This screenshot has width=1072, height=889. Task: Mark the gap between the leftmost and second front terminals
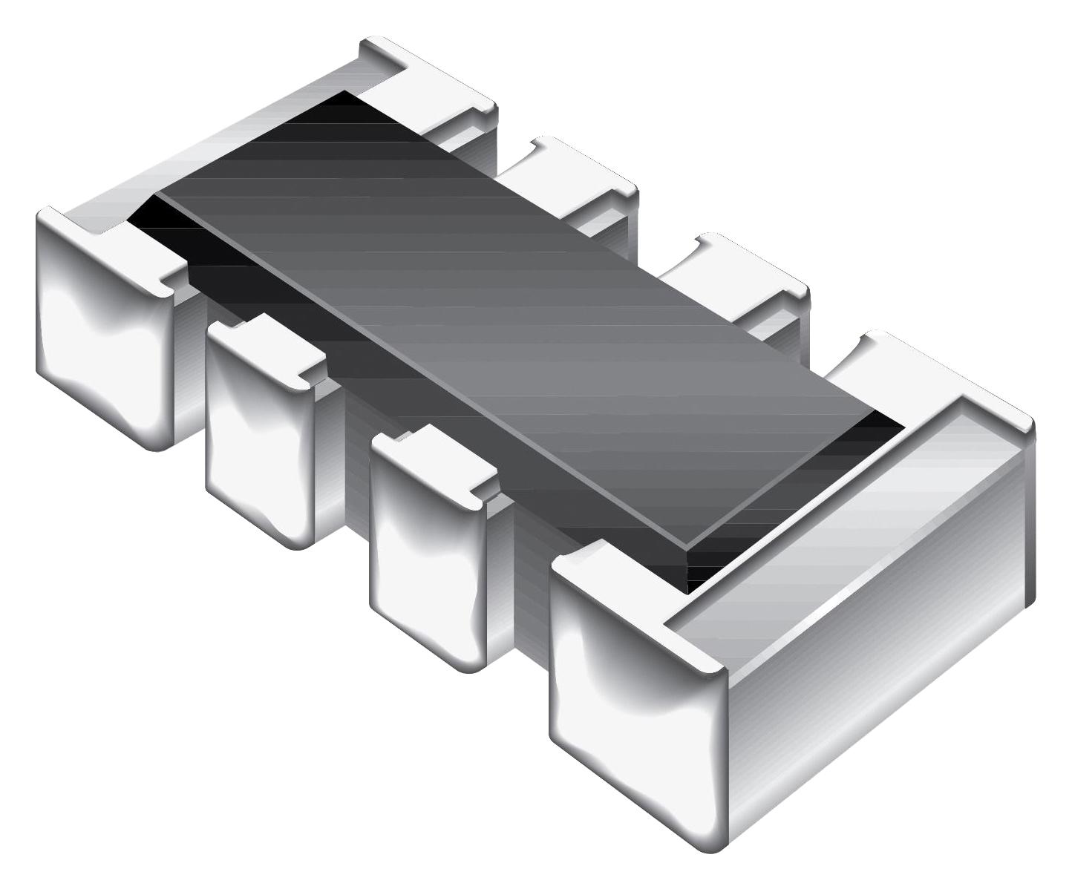coord(189,356)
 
